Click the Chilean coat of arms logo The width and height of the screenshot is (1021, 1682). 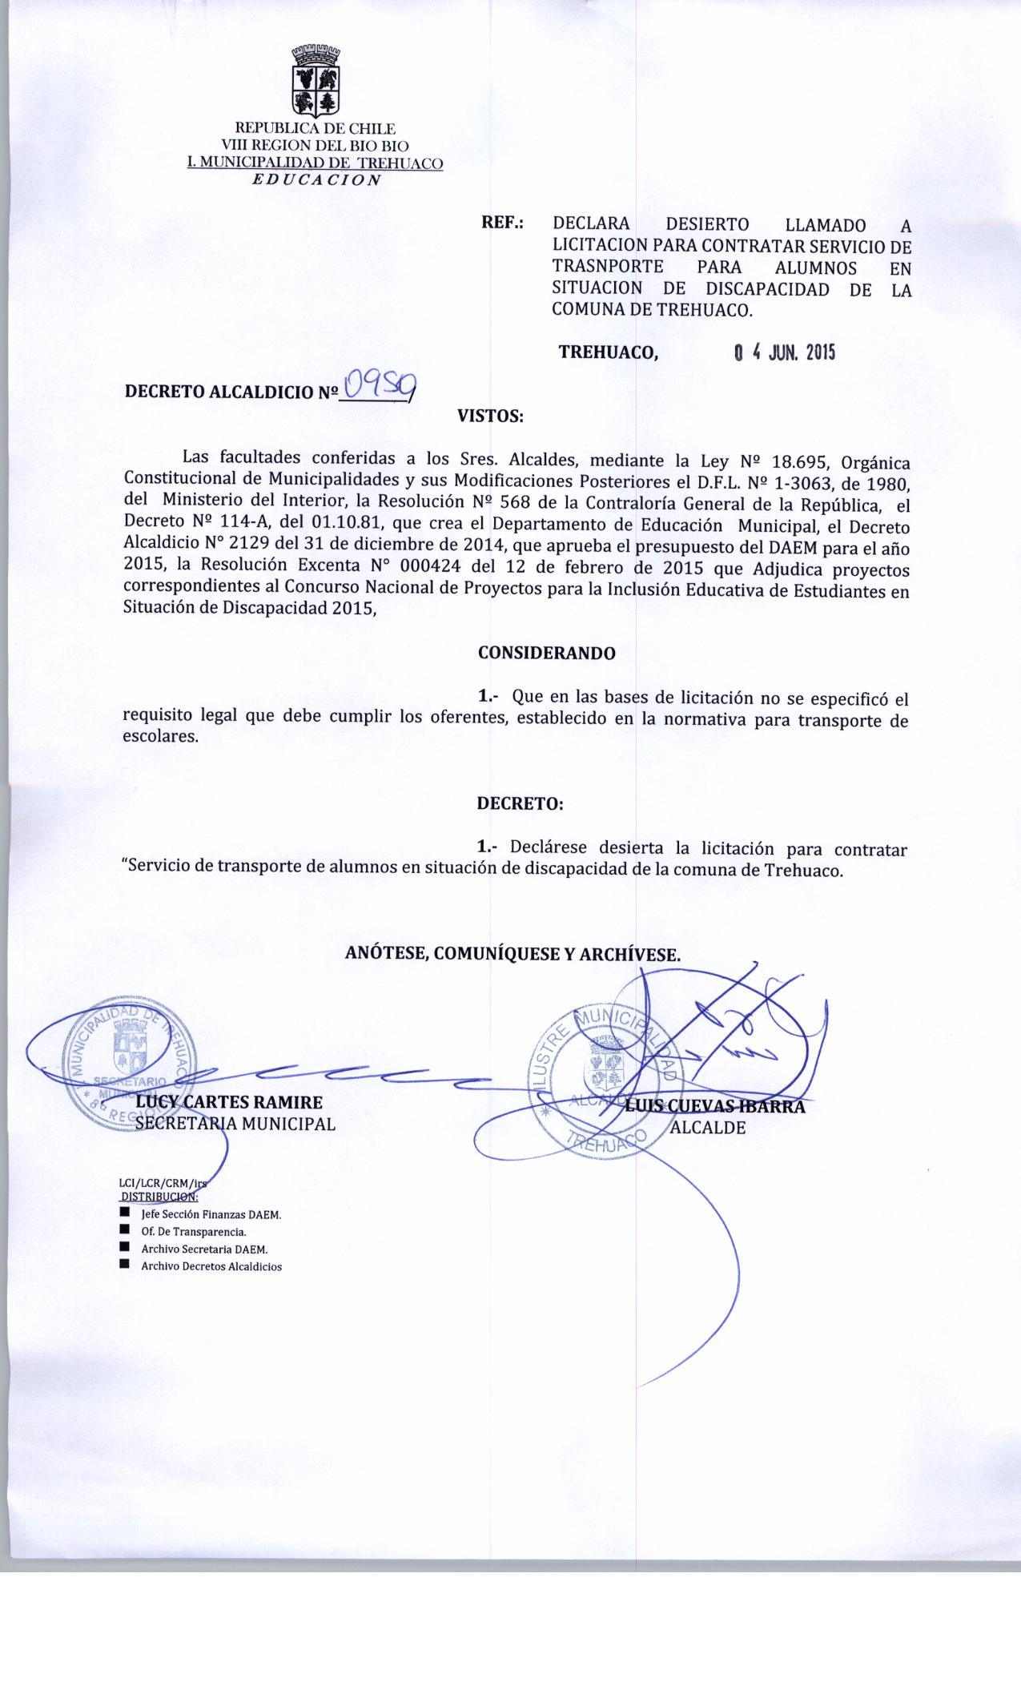(314, 80)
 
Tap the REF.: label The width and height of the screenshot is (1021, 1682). (502, 223)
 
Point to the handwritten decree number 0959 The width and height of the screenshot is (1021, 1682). (377, 388)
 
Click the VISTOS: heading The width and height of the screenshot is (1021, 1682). (490, 416)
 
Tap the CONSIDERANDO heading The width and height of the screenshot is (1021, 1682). (547, 653)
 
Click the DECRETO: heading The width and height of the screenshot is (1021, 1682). (521, 803)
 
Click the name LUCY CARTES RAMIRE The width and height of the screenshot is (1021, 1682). (230, 1102)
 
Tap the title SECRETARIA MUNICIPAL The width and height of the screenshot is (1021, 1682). (235, 1124)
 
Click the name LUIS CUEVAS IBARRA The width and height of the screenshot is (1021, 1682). (715, 1107)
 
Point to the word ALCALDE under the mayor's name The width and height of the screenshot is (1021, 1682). (708, 1128)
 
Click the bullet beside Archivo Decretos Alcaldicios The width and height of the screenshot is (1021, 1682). (124, 1265)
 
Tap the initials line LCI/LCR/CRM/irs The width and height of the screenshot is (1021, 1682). (167, 1181)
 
